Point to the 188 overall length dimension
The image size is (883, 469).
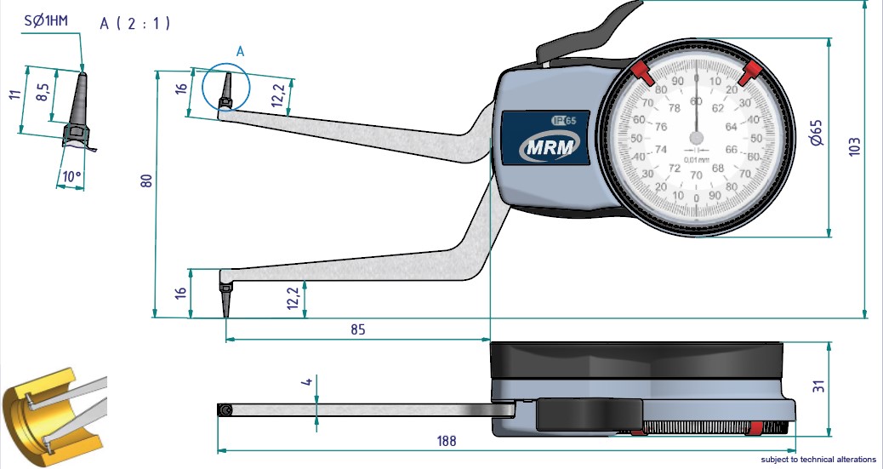click(446, 441)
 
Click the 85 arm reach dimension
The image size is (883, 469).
click(357, 329)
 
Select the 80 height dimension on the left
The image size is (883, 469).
click(145, 181)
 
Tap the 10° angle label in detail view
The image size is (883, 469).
click(71, 178)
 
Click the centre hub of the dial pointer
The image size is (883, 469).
click(697, 136)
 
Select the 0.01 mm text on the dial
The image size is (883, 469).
click(697, 160)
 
